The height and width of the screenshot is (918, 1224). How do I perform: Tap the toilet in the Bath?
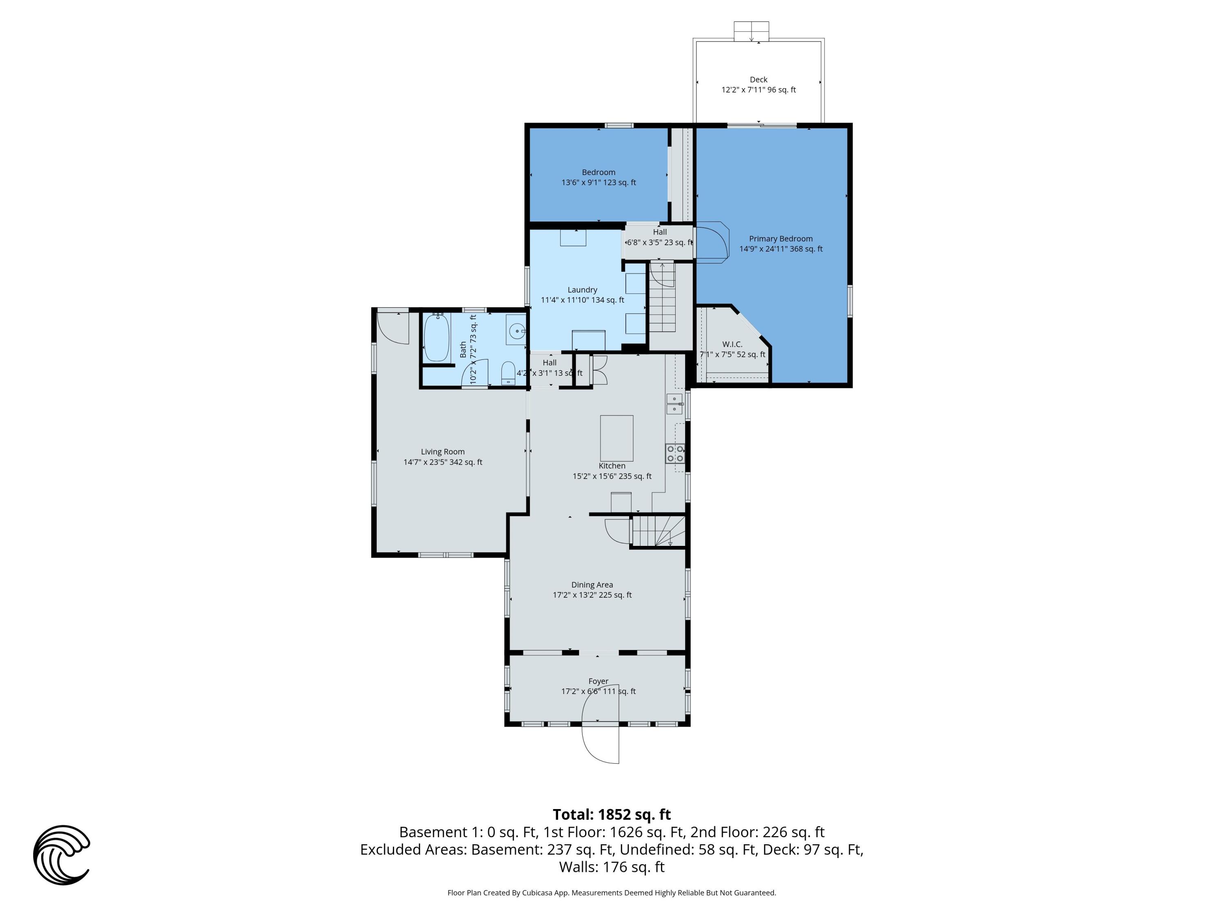coord(508,373)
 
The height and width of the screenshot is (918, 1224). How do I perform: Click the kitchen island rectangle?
coord(616,438)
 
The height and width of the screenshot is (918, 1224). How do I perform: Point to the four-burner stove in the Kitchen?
coord(675,454)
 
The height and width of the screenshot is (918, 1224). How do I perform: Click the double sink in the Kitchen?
coord(674,404)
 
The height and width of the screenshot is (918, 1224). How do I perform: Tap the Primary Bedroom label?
coord(781,239)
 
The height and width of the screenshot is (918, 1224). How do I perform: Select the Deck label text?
coord(758,80)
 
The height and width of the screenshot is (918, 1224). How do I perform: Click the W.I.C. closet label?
coord(732,344)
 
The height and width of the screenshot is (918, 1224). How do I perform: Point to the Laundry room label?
coord(582,289)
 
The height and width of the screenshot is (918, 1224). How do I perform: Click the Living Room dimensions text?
coord(443,462)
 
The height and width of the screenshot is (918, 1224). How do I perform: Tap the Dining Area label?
coord(592,584)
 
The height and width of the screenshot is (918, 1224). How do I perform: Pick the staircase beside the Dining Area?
coord(659,531)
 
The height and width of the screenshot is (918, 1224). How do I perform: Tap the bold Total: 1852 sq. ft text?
coord(612,814)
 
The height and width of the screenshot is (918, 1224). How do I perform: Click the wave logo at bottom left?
coord(62,854)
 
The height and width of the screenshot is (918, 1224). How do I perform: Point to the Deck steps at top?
coord(751,31)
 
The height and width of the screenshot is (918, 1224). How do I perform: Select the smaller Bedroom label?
coord(598,172)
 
